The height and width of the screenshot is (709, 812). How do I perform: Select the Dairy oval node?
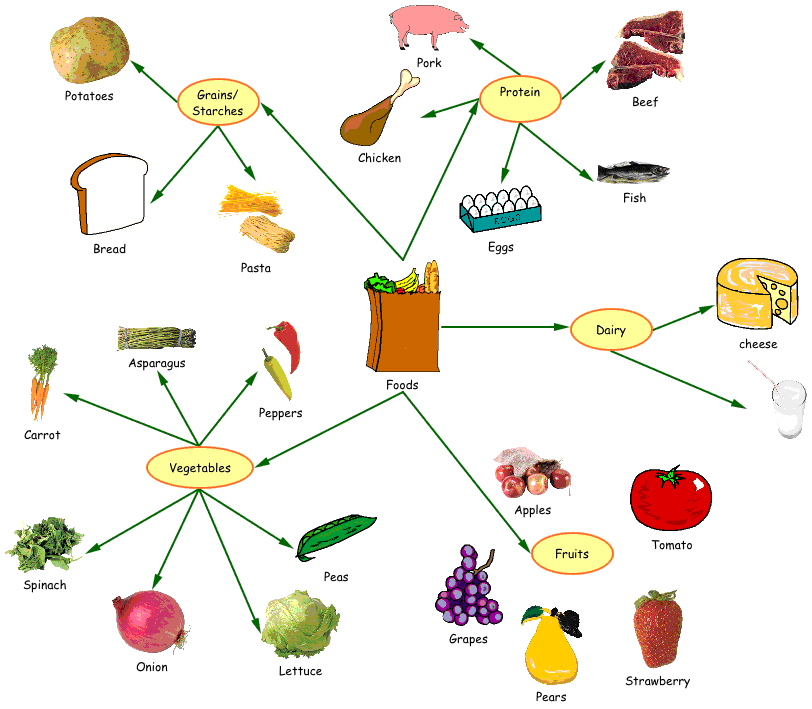tap(610, 329)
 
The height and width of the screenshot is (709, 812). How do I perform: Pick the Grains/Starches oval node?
tap(217, 103)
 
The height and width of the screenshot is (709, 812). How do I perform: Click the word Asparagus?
tap(157, 364)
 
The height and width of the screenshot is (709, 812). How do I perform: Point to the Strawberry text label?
tap(657, 682)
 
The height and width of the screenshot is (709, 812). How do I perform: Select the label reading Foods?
tap(402, 385)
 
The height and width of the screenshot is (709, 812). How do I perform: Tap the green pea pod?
tap(335, 536)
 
